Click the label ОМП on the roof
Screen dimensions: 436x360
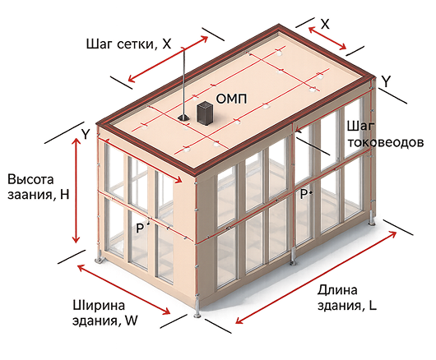231,99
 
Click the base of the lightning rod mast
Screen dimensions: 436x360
183,118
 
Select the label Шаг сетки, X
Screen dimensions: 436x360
128,44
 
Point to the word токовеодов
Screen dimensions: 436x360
386,142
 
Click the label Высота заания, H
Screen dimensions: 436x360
38,187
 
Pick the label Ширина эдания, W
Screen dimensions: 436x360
104,313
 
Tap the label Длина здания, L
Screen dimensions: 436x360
346,298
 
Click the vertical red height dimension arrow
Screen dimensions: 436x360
76,190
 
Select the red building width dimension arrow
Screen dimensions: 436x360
123,289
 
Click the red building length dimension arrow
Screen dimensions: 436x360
316,277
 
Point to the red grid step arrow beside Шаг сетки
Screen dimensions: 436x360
168,59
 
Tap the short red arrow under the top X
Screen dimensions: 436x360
327,38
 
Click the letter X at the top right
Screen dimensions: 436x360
325,24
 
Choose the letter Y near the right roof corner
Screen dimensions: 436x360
386,81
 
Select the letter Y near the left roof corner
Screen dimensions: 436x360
86,134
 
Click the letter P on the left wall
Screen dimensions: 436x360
140,228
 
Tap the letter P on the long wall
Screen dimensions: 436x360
304,194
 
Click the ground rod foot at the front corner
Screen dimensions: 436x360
197,316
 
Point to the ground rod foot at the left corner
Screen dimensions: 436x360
100,260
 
